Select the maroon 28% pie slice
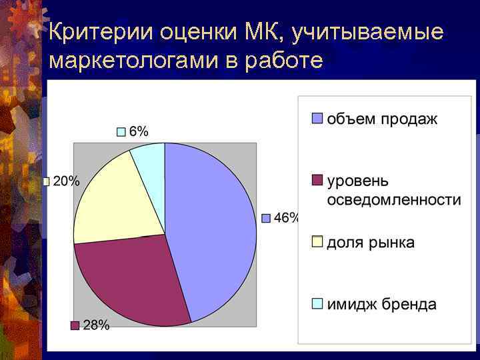(133, 280)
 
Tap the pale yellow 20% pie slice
(113, 200)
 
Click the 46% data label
(285, 218)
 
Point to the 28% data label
(96, 325)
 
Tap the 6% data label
(138, 131)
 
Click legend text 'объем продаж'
(382, 119)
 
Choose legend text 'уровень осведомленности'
(393, 191)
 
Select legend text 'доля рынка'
(370, 243)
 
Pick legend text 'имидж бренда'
(381, 305)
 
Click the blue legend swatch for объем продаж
(318, 119)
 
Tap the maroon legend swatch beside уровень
(318, 181)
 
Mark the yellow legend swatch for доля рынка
(318, 241)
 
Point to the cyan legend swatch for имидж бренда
(318, 304)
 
